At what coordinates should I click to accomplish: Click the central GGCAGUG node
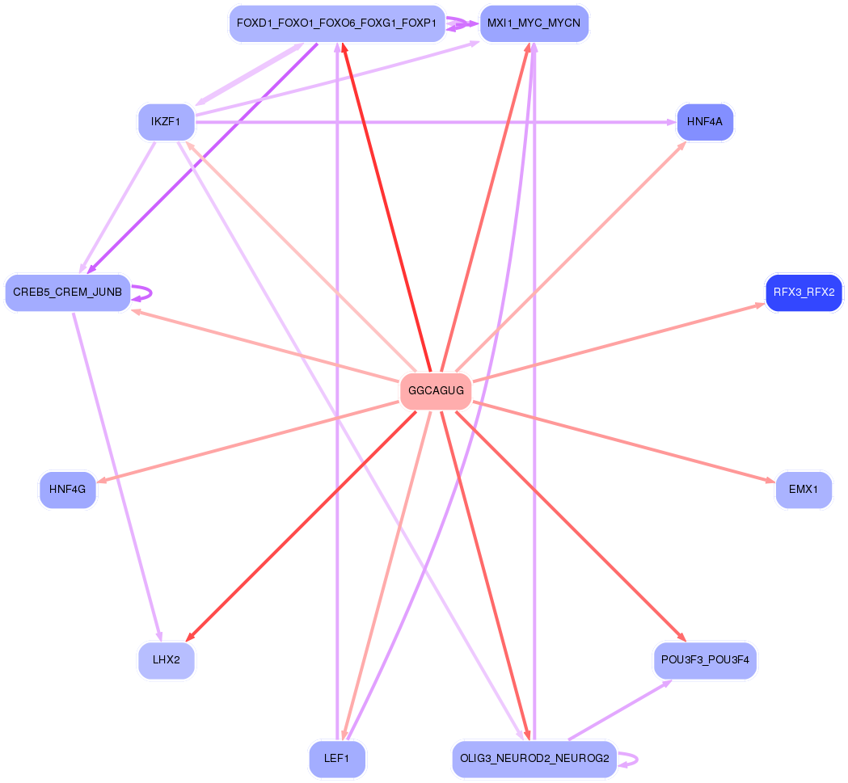click(436, 391)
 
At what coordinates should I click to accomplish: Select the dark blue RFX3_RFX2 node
click(804, 292)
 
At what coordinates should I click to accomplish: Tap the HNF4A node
click(705, 122)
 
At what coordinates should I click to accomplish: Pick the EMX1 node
click(804, 490)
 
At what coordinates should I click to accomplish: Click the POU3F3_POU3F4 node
click(705, 660)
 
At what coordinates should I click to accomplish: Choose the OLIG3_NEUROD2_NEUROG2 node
click(534, 759)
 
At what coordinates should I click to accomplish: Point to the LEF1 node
click(336, 759)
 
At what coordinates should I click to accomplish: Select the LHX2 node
click(166, 660)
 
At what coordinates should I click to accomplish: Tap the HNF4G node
click(68, 490)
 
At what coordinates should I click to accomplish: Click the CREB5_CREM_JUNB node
click(68, 292)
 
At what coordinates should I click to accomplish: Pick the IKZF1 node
click(166, 122)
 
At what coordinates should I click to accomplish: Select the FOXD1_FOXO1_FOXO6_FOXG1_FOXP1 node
click(336, 23)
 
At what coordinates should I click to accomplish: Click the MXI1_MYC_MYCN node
click(534, 23)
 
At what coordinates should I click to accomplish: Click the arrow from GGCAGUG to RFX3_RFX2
click(618, 342)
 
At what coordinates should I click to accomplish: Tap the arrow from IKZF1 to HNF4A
click(437, 122)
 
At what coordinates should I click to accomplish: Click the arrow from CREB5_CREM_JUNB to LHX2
click(118, 477)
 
